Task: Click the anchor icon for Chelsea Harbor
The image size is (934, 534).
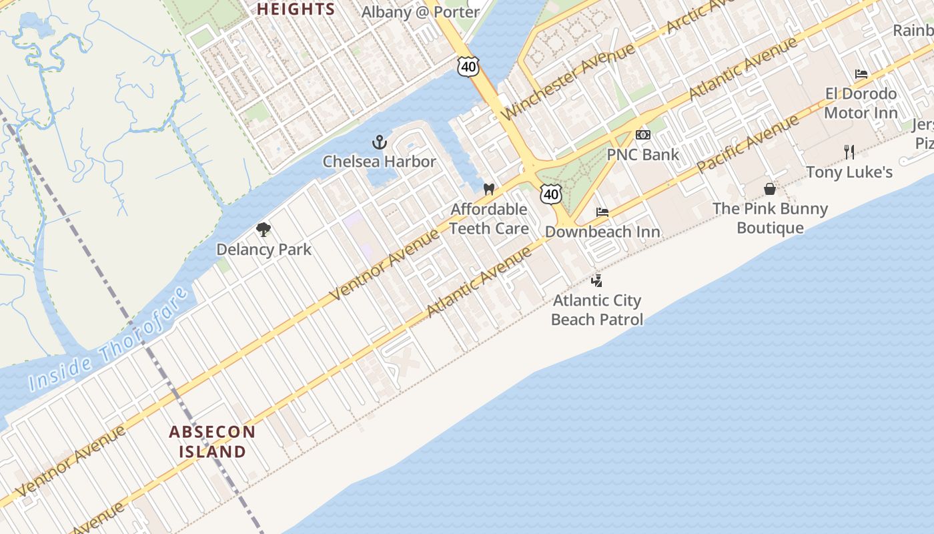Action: [x=379, y=142]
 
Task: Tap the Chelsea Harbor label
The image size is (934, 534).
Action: [x=379, y=162]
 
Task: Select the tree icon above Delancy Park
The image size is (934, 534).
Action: [x=264, y=230]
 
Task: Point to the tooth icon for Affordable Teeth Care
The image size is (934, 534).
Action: [x=488, y=190]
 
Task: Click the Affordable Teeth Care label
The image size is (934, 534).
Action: [x=489, y=219]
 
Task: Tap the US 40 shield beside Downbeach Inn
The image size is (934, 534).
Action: [x=550, y=194]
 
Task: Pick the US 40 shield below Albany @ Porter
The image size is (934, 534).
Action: [x=468, y=65]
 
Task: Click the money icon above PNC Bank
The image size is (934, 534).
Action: [x=642, y=135]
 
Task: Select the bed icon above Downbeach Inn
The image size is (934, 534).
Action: [x=602, y=212]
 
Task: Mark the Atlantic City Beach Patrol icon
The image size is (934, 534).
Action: [x=597, y=280]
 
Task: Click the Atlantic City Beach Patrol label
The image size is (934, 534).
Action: [x=597, y=310]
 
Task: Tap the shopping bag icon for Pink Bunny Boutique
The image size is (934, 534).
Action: [x=770, y=189]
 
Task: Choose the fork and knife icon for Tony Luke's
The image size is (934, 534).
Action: [x=849, y=152]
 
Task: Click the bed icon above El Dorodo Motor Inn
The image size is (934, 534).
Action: [x=861, y=73]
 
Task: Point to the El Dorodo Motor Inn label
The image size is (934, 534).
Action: [x=861, y=103]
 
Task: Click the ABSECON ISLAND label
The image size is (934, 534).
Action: [x=212, y=441]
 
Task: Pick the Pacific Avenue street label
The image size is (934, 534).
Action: [x=748, y=144]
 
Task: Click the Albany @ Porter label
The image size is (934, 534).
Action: [x=420, y=12]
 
